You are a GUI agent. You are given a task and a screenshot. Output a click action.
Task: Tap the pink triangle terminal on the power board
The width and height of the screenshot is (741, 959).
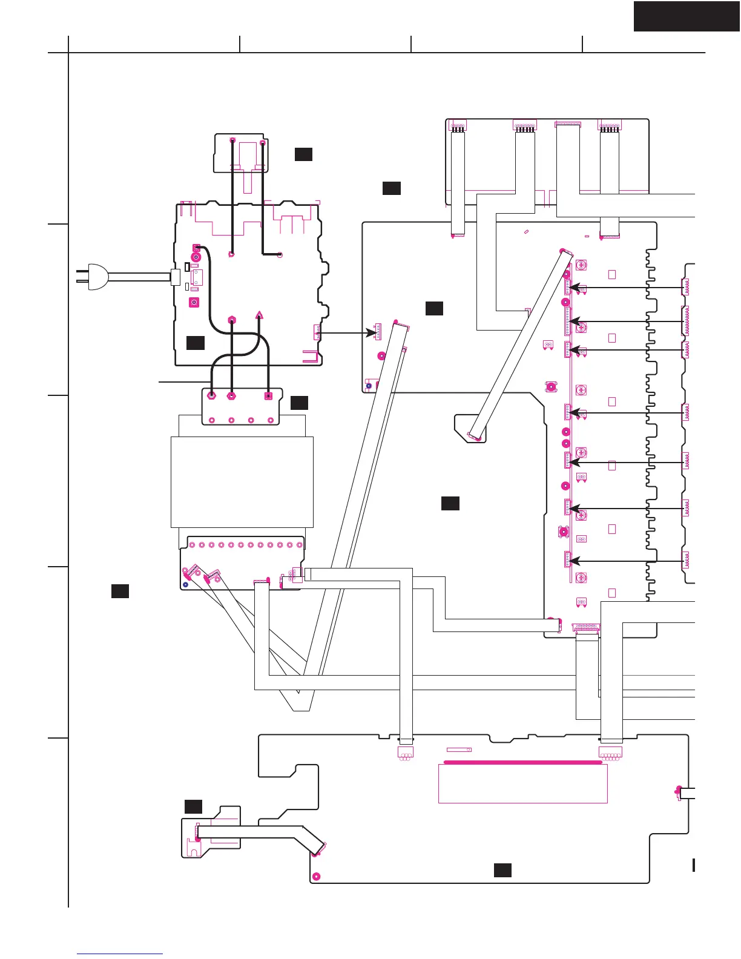pyautogui.click(x=259, y=315)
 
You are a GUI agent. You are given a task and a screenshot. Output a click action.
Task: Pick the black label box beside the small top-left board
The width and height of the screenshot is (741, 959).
pyautogui.click(x=303, y=154)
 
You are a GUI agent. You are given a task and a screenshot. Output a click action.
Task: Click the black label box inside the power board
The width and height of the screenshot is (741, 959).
pyautogui.click(x=195, y=343)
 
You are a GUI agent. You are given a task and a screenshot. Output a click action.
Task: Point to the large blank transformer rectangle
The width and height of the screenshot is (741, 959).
pyautogui.click(x=242, y=482)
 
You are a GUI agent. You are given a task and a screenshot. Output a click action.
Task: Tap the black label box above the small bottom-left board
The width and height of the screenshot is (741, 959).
pyautogui.click(x=193, y=806)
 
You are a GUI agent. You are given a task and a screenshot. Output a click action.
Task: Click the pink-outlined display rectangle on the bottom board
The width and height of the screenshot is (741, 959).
pyautogui.click(x=522, y=783)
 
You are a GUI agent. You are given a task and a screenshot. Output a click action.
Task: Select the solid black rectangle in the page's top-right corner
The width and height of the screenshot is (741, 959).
pyautogui.click(x=687, y=16)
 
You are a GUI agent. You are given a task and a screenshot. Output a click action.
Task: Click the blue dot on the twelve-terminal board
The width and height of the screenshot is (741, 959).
pyautogui.click(x=186, y=585)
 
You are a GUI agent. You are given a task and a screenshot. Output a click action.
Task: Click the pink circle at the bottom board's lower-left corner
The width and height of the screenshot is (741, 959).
pyautogui.click(x=316, y=876)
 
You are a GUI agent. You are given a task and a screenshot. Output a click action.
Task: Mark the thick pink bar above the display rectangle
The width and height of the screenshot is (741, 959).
pyautogui.click(x=523, y=763)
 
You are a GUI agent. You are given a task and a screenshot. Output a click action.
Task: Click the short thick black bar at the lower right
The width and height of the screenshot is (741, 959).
pyautogui.click(x=694, y=865)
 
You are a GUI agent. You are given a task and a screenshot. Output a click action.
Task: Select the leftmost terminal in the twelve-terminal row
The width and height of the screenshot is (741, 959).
pyautogui.click(x=193, y=545)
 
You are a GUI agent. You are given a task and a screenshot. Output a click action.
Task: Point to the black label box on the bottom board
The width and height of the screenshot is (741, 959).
pyautogui.click(x=502, y=870)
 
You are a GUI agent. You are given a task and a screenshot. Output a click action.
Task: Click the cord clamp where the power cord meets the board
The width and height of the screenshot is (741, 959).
pyautogui.click(x=175, y=277)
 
